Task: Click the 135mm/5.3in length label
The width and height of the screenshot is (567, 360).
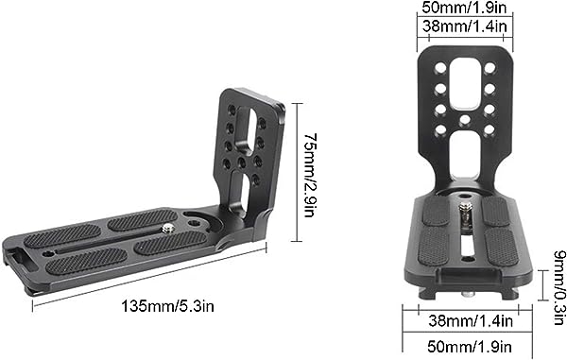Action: pos(167,306)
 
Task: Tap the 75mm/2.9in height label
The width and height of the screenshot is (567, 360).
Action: pos(310,176)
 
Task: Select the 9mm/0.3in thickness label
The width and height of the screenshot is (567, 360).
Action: pos(559,287)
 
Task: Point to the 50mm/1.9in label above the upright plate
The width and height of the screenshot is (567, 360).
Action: pos(465,8)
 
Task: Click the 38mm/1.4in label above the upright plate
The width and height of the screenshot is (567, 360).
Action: pos(465,26)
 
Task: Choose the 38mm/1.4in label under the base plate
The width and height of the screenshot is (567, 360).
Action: pos(471,320)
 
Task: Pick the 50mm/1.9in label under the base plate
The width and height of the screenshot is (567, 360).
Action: pos(470,346)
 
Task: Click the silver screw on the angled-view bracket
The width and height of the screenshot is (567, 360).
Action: pos(167,228)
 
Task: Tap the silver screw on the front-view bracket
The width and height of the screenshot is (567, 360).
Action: pos(465,215)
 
